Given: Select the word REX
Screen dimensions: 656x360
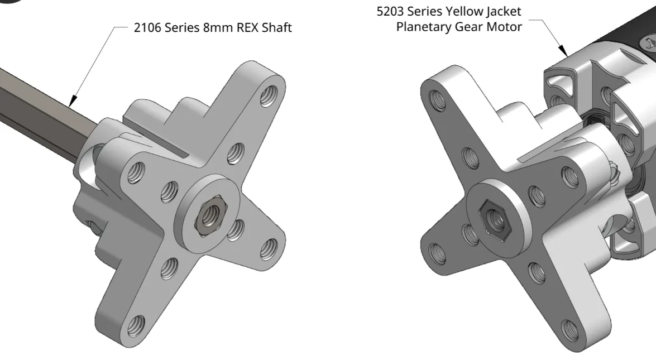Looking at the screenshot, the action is click(x=248, y=27).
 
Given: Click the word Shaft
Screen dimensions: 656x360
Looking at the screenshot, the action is click(x=276, y=27).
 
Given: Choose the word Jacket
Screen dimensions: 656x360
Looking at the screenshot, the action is click(x=504, y=12).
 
